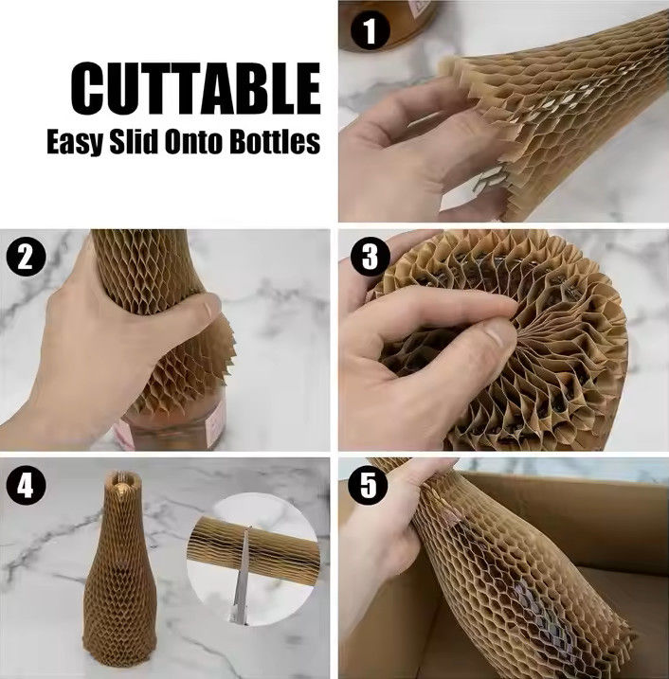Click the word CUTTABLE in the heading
point(195,88)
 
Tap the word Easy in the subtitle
point(75,141)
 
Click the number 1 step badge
point(370,30)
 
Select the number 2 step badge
point(26,258)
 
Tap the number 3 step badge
point(370,256)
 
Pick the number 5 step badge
point(369,484)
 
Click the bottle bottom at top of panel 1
point(388,24)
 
